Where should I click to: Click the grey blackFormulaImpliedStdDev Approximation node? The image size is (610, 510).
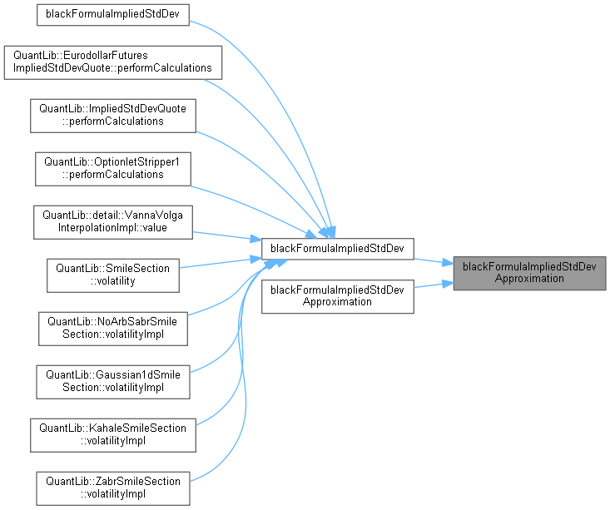coord(529,273)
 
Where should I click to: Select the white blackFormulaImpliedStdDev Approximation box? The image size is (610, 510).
coord(338,296)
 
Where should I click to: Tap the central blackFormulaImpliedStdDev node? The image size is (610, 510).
coord(338,248)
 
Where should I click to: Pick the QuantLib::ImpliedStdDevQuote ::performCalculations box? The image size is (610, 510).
coord(113,115)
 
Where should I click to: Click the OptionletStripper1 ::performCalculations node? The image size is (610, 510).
coord(111,169)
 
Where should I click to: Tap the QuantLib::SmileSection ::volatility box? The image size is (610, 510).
coord(113,275)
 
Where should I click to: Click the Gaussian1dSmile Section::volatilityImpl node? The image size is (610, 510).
coord(113,379)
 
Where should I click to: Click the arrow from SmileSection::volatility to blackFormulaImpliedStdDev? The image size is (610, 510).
coord(221,263)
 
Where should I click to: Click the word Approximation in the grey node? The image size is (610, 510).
coord(529,279)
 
